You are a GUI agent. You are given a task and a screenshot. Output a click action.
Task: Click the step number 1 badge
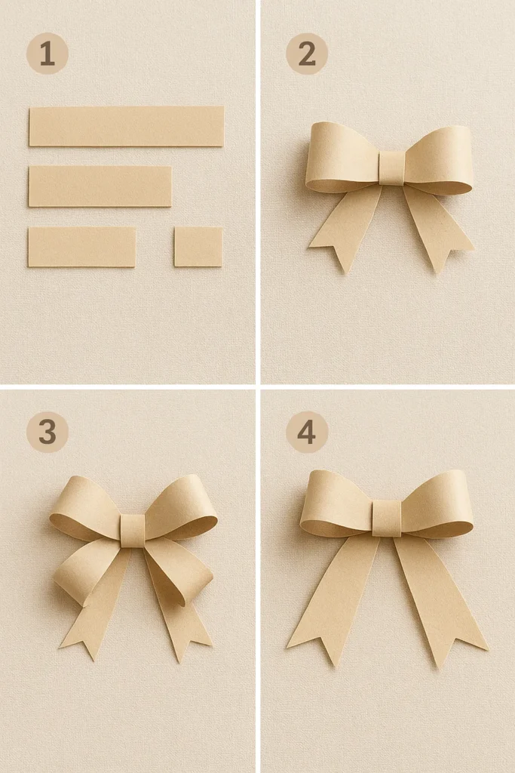tap(47, 54)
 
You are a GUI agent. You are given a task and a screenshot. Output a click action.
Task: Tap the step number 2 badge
tap(306, 54)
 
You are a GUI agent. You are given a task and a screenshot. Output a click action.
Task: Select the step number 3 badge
tap(47, 432)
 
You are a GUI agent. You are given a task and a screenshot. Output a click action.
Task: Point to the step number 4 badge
tap(306, 432)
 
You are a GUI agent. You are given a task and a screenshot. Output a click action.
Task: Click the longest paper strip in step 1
tap(126, 126)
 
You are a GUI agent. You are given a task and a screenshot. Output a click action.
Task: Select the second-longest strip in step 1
tap(100, 186)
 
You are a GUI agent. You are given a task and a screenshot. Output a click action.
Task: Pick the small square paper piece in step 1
tap(198, 247)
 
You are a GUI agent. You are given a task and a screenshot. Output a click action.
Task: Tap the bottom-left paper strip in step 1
tap(81, 247)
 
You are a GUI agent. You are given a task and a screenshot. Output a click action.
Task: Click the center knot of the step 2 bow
tap(391, 168)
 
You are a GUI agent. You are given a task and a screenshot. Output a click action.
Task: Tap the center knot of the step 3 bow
tap(132, 530)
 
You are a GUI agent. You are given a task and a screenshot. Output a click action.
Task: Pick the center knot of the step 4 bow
tap(387, 518)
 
